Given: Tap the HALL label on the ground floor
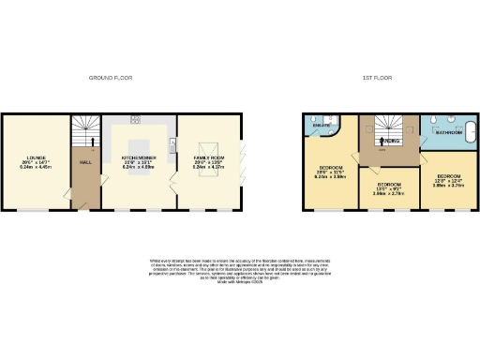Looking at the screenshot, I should coord(84,161).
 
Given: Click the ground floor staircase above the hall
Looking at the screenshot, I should coord(84,131).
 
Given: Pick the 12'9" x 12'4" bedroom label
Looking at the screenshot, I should coord(445,180).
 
